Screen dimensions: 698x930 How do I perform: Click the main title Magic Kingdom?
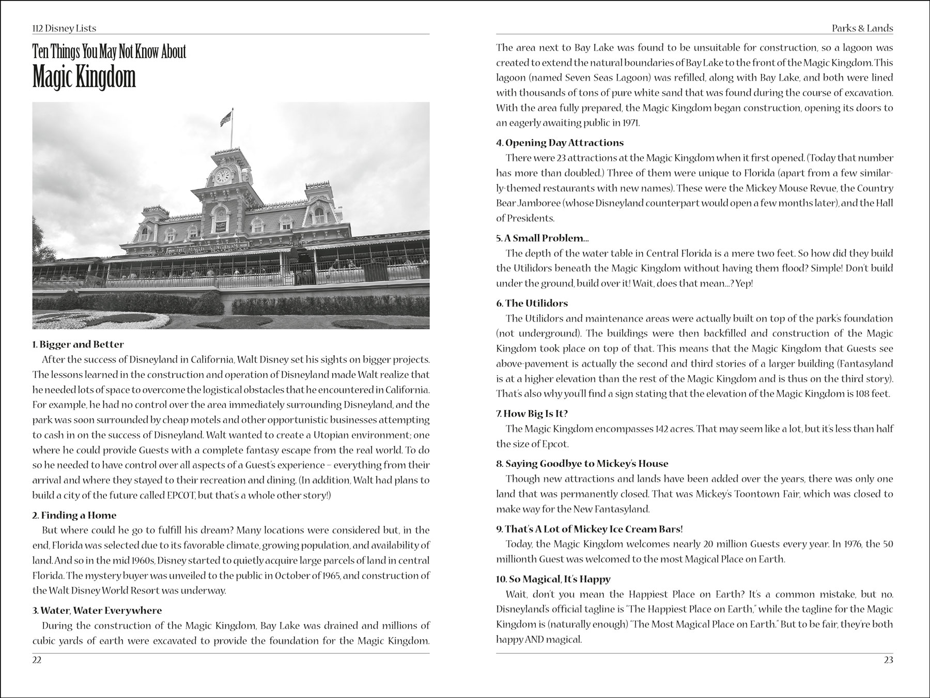(84, 78)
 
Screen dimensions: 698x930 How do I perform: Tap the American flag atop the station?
(226, 119)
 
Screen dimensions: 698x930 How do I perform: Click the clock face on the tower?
(222, 176)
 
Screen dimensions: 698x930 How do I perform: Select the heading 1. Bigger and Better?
(78, 344)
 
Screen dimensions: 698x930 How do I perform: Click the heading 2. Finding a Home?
(74, 515)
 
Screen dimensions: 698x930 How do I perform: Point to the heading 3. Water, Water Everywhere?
(97, 610)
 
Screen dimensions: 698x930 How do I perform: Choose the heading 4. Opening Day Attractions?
(560, 143)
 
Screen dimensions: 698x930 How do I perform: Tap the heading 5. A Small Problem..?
(542, 238)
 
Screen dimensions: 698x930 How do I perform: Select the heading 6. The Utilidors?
(532, 303)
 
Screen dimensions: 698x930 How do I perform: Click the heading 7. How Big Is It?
(532, 414)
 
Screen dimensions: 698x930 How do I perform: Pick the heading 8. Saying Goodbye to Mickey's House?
(582, 463)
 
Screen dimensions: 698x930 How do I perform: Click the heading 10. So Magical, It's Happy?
(553, 579)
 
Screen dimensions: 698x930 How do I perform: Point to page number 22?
(37, 660)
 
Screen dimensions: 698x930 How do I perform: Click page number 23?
(888, 660)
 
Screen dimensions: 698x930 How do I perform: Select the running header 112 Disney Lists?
(64, 28)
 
